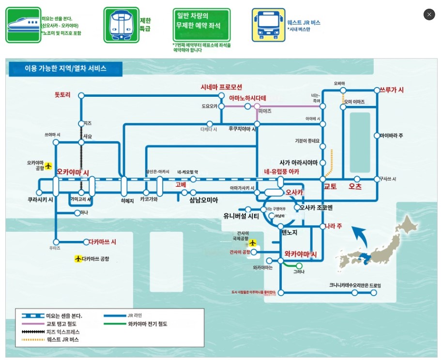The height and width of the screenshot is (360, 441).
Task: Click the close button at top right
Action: tap(429, 15)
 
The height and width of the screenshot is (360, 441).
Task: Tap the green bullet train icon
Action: tap(23, 26)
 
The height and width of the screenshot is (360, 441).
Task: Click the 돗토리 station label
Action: tap(63, 95)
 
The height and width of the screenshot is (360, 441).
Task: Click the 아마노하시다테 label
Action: tap(247, 98)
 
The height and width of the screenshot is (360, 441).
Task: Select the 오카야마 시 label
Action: tap(73, 172)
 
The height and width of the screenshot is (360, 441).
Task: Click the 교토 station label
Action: tap(331, 186)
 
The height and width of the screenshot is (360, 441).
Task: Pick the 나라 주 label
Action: tap(334, 226)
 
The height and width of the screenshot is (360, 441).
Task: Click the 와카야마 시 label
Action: tap(300, 254)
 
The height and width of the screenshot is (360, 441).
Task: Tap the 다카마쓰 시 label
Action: tap(102, 241)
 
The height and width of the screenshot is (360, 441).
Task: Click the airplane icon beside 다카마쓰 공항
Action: tap(78, 259)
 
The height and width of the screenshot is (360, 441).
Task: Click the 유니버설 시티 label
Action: tap(241, 216)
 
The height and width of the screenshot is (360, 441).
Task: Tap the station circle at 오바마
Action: tap(343, 90)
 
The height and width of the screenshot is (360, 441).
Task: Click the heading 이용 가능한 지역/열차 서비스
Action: tap(65, 69)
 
